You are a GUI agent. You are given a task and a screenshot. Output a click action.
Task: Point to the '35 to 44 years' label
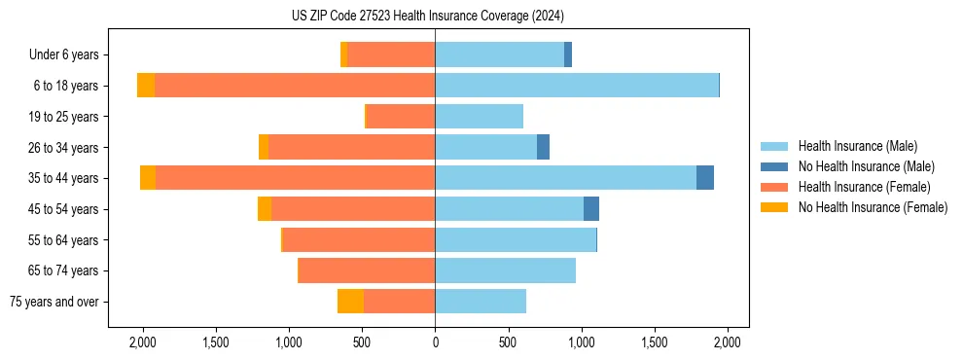click(x=64, y=178)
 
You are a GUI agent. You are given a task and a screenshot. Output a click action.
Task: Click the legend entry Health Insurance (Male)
click(x=857, y=146)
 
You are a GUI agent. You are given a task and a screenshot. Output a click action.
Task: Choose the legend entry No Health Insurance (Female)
click(x=873, y=207)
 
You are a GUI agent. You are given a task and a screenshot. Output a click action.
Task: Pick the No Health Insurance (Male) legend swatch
click(x=774, y=166)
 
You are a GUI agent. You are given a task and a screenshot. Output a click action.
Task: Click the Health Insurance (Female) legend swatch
click(x=774, y=187)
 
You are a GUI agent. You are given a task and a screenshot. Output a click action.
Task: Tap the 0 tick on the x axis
click(x=435, y=342)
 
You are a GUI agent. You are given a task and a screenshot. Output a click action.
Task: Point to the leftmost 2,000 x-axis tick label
click(x=143, y=342)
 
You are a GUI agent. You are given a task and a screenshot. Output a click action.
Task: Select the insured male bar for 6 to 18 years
click(x=577, y=86)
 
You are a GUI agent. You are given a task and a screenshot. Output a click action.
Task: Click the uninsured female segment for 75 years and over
click(x=350, y=302)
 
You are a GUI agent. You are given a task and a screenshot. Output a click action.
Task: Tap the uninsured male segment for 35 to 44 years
click(x=705, y=178)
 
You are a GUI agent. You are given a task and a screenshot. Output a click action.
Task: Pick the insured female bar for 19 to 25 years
click(x=401, y=117)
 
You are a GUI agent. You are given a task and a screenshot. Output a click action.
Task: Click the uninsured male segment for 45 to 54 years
click(x=591, y=209)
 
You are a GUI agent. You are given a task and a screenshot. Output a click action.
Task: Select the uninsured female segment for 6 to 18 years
click(x=146, y=86)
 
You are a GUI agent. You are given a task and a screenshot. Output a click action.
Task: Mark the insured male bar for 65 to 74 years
click(x=505, y=270)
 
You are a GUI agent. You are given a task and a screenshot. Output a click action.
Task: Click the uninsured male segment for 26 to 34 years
click(x=543, y=147)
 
